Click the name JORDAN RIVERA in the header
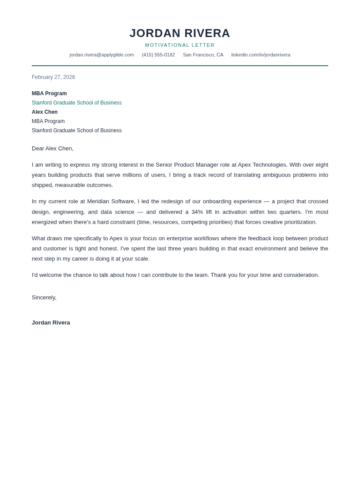[180, 33]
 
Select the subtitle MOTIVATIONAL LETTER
[180, 45]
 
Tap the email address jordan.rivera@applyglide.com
[101, 55]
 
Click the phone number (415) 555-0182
[158, 55]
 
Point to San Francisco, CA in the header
[203, 55]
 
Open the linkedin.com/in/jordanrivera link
[261, 55]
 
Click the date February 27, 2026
[53, 77]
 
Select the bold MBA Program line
[49, 93]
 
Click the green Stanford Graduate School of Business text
[77, 103]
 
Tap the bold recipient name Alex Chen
[45, 112]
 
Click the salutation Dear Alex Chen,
[52, 149]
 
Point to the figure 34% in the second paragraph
[197, 212]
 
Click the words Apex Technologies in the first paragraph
[262, 165]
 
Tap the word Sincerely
[44, 298]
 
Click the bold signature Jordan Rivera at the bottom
[51, 323]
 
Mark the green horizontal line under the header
[180, 66]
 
